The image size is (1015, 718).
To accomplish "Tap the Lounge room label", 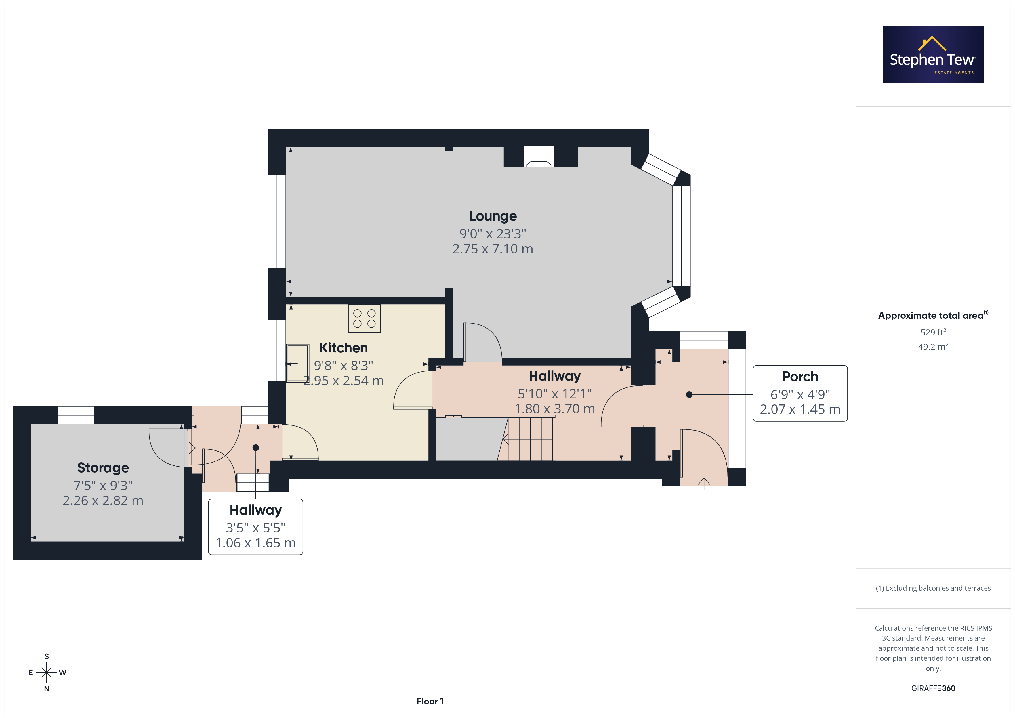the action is point(493,216).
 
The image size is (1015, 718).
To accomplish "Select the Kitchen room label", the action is point(344,348).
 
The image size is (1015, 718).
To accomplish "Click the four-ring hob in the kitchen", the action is point(364,318).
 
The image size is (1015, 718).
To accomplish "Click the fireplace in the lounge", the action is point(539,157).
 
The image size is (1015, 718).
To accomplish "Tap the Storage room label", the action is point(103,468).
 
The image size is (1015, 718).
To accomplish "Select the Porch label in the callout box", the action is point(800,377).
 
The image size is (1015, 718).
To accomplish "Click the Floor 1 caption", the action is point(430,702).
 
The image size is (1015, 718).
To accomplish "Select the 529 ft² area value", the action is point(933,332).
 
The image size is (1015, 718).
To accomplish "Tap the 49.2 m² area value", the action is point(933,347).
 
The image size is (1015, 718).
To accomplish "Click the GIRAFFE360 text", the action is point(933,688).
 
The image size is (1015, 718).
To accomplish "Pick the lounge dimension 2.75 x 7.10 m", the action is point(493,249).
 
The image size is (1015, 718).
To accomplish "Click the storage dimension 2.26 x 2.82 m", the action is point(103,501).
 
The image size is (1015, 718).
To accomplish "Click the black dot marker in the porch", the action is point(689,394).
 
